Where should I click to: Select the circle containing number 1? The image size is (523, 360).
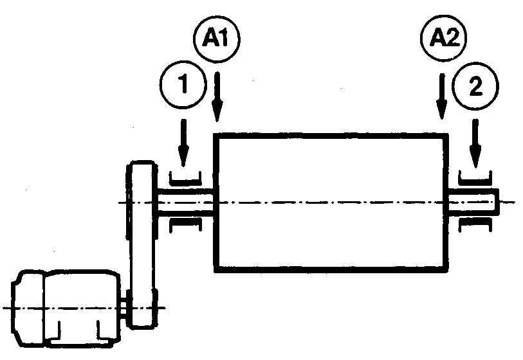click(x=183, y=85)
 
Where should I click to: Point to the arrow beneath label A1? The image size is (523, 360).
click(x=217, y=96)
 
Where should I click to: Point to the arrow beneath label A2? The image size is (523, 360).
click(x=441, y=96)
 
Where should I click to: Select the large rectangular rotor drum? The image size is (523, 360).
click(x=331, y=202)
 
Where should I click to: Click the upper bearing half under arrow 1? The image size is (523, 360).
click(x=185, y=176)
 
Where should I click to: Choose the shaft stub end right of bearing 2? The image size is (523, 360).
click(x=496, y=201)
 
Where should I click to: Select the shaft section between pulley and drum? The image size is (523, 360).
click(x=187, y=201)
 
